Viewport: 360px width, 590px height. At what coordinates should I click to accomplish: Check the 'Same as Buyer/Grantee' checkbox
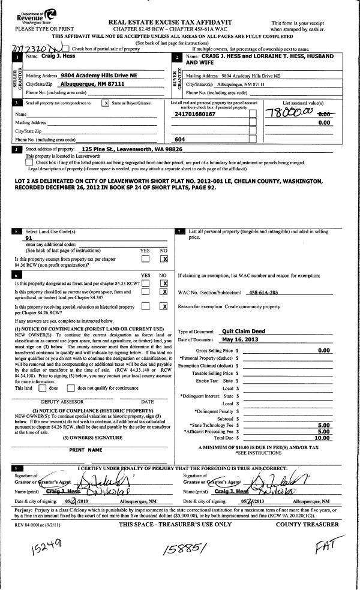click(x=106, y=103)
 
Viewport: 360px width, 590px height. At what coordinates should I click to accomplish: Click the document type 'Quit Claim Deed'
click(x=244, y=330)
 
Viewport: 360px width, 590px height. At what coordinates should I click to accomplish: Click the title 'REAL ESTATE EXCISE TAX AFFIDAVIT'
click(x=170, y=22)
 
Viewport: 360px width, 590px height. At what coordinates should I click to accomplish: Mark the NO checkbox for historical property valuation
click(x=163, y=306)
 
